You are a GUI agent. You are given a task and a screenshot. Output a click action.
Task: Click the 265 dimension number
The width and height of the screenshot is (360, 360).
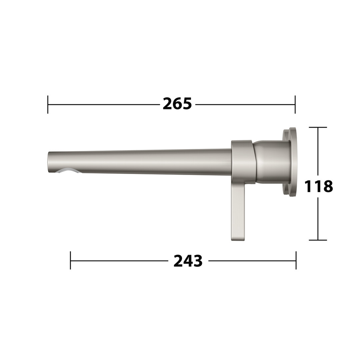point(177,104)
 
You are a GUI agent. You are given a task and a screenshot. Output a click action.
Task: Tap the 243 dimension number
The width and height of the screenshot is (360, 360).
point(188,261)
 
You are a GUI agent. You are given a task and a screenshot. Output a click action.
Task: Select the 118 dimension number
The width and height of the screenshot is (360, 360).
point(318,186)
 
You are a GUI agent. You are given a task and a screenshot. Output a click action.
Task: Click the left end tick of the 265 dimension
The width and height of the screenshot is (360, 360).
point(48,104)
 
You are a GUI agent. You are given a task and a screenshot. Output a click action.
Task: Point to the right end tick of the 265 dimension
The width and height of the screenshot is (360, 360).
point(295,104)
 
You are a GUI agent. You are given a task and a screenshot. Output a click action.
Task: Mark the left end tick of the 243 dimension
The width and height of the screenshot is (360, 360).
point(70,260)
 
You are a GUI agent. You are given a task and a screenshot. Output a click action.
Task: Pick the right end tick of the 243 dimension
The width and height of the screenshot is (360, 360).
point(296,260)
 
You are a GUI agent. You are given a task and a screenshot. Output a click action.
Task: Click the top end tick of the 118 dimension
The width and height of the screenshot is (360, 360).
point(318,127)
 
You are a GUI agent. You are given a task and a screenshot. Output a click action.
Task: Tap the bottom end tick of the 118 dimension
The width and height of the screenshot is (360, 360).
point(318,240)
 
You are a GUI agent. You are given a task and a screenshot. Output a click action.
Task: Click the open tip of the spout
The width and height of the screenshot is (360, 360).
point(48,162)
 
